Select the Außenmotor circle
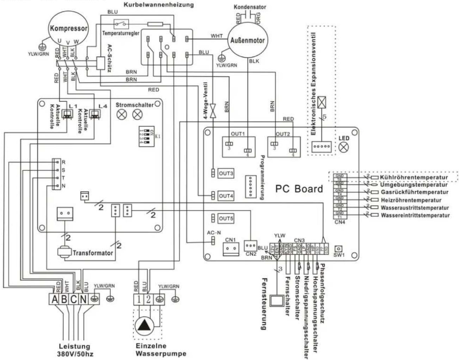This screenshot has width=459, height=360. pyautogui.click(x=247, y=40)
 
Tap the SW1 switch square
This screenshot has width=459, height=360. pyautogui.click(x=339, y=248)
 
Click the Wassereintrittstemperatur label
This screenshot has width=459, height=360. pyautogui.click(x=415, y=215)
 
